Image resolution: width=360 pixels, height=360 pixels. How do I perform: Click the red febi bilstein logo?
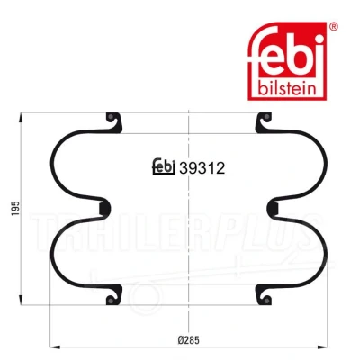287,61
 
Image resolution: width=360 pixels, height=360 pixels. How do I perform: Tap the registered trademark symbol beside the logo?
334,26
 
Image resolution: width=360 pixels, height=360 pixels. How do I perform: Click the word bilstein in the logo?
287,88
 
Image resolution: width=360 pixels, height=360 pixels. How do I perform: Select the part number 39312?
202,168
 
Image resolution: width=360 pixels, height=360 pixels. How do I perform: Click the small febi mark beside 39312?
164,166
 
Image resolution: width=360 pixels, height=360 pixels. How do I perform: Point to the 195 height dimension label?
15,208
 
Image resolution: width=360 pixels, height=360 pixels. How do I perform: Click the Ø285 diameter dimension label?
189,340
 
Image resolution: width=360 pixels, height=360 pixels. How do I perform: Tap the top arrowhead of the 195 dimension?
21,118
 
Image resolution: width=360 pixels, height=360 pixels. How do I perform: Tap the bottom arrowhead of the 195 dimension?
21,300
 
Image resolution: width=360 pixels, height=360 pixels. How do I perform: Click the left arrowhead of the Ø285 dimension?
55,347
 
